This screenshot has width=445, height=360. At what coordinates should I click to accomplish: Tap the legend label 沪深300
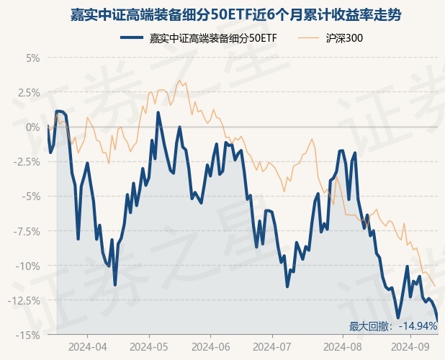point(343,37)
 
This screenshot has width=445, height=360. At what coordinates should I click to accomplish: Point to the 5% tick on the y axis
point(32,58)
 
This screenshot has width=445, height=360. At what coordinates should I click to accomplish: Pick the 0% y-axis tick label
point(32,127)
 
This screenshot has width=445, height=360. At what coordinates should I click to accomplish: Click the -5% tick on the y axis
point(30,196)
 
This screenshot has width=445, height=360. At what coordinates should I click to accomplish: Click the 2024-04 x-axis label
point(87,346)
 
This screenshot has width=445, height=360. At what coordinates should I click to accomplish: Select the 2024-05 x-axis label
point(149,346)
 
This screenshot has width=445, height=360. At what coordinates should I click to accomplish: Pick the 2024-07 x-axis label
point(271,346)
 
